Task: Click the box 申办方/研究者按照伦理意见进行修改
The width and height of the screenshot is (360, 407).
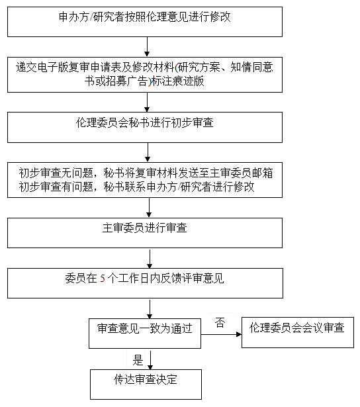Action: [145, 22]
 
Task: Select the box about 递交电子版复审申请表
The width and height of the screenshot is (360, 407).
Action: [145, 75]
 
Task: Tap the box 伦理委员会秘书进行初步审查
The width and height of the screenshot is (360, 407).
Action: [145, 128]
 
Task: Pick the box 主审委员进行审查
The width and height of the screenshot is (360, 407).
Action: [145, 233]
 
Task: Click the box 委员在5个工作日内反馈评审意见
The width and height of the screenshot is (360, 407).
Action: [145, 283]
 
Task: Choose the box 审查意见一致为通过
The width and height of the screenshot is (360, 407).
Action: [145, 334]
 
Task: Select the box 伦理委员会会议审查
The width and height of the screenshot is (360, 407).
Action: [298, 332]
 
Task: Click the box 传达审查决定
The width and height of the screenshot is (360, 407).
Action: [146, 384]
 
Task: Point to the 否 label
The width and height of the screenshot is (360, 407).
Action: [220, 323]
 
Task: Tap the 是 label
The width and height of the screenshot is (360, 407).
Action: [138, 360]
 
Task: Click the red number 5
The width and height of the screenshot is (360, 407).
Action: [103, 279]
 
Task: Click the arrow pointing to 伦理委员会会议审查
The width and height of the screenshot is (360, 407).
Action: [222, 334]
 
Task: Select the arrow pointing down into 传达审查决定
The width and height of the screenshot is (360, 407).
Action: [150, 360]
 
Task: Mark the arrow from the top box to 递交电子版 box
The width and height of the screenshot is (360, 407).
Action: [147, 47]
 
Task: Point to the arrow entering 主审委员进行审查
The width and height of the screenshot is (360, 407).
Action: [149, 207]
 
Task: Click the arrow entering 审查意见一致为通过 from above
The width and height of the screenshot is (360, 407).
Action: [150, 309]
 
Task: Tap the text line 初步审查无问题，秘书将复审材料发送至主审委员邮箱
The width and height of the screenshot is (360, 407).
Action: [146, 173]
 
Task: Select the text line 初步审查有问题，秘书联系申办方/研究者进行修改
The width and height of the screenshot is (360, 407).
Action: [136, 187]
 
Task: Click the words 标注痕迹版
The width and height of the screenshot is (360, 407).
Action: [177, 81]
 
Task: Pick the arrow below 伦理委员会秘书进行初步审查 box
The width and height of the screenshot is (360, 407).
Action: [148, 152]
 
